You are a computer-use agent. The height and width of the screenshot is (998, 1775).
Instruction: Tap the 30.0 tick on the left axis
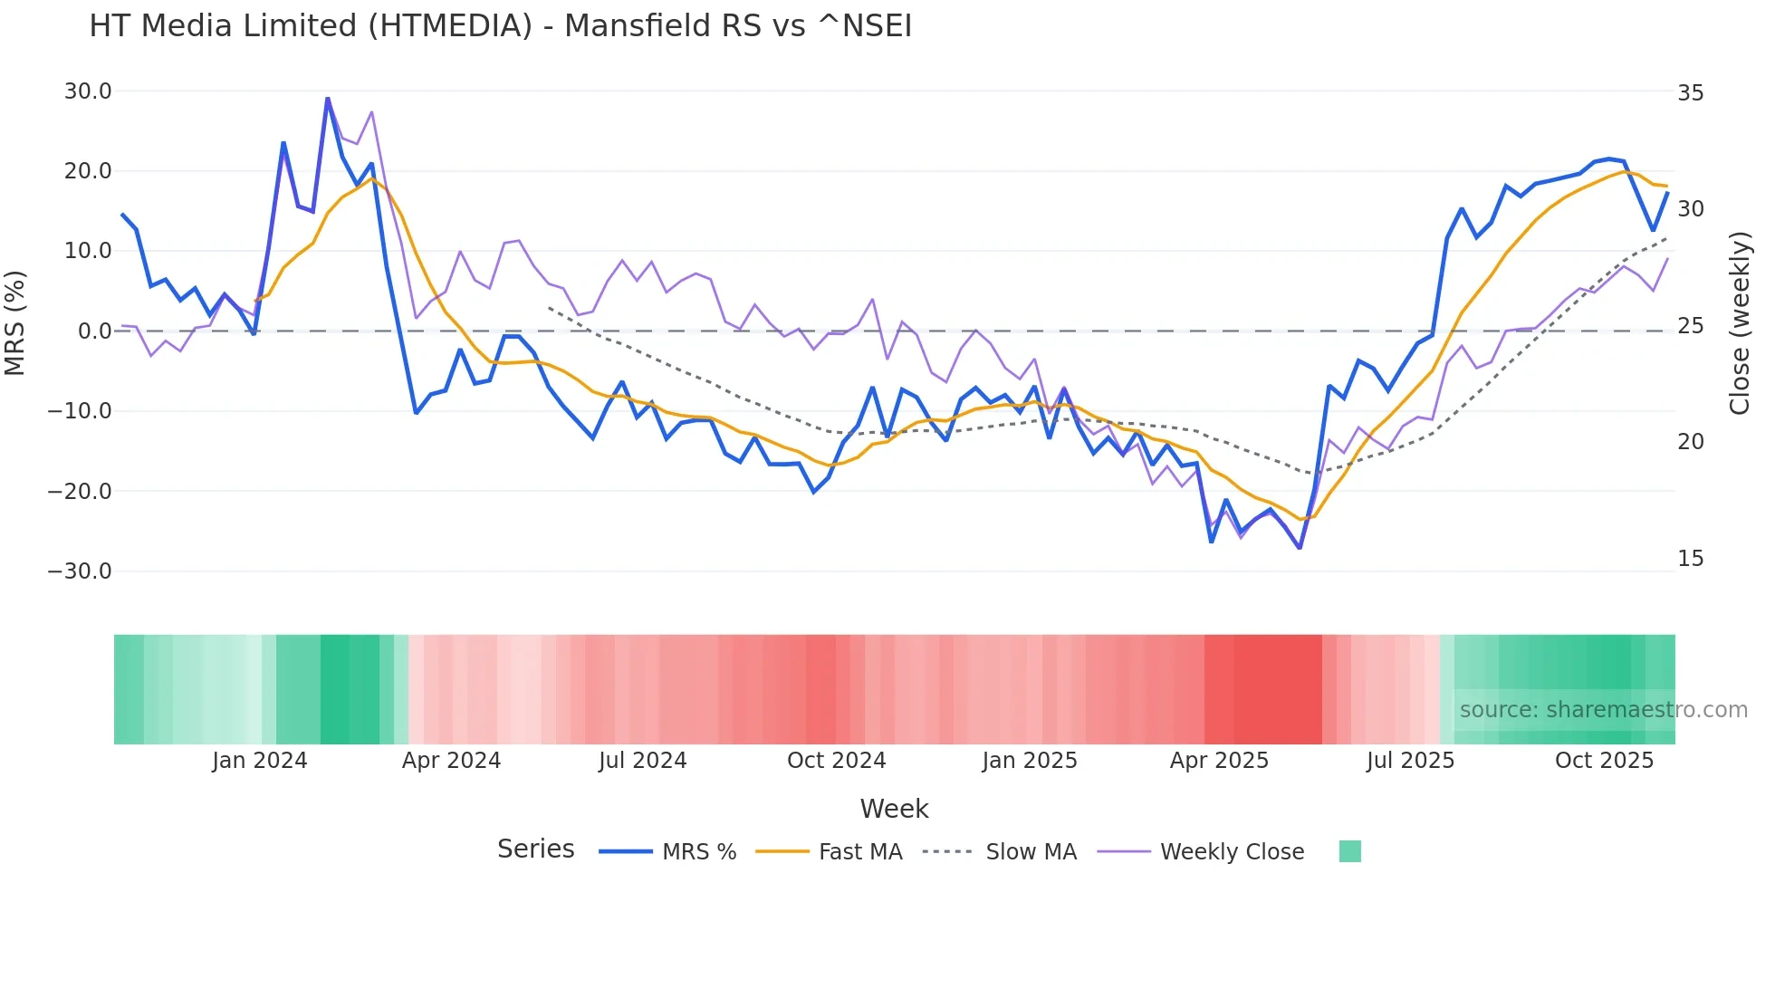click(88, 91)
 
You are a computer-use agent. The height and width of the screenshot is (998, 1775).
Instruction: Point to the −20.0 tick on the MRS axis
click(80, 492)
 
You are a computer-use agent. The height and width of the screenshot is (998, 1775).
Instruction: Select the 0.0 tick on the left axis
click(94, 331)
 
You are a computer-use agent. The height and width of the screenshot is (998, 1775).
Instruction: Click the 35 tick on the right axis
click(1690, 93)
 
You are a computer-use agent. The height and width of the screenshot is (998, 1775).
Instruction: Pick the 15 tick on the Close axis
click(1690, 559)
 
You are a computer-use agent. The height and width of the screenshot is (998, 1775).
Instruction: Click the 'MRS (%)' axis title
click(15, 322)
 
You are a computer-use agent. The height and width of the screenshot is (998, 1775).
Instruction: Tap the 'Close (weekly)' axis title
click(1739, 323)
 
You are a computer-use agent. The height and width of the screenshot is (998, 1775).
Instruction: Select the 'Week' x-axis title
click(894, 809)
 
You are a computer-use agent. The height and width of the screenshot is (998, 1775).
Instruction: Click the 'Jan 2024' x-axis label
click(260, 761)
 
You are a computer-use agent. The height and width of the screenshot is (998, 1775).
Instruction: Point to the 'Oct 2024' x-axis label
click(836, 761)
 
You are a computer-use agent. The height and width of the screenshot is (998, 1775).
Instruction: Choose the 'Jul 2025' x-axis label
click(1410, 761)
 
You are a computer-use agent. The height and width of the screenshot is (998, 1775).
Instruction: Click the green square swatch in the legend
click(1349, 851)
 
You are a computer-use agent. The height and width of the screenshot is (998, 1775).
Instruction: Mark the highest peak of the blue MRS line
click(328, 98)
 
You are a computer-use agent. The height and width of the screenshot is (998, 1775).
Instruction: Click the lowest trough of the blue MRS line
click(1300, 548)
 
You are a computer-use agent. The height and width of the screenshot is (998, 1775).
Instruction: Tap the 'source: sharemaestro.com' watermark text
click(1603, 710)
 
